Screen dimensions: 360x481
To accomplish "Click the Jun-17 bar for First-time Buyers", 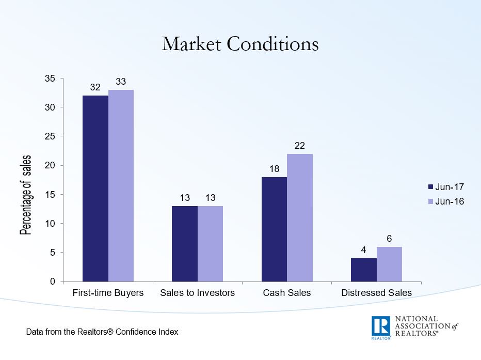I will coord(95,189).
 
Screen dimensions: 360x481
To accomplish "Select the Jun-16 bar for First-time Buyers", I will coord(121,186).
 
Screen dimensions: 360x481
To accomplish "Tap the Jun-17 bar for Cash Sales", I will coord(274,229).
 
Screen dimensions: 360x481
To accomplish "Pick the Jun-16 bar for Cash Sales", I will coord(300,217).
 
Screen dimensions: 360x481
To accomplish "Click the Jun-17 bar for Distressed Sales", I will coord(364,270).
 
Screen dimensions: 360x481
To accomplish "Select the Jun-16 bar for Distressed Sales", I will coord(389,264).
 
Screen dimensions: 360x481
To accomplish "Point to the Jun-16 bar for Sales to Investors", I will coord(211,244).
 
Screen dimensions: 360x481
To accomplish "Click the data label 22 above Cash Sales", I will coord(300,146).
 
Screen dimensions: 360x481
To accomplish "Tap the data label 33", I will coord(121,82).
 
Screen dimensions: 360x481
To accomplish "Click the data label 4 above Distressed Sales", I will coord(363,250).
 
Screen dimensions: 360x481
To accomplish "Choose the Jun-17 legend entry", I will coord(445,187).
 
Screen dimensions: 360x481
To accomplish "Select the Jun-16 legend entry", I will coord(445,201).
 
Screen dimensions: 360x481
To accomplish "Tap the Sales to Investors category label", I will coord(197,293).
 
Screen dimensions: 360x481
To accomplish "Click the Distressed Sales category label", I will coord(376,293).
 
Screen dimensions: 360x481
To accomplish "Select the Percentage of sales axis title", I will coord(25,195).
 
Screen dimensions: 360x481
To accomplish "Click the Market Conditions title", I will coord(240,44).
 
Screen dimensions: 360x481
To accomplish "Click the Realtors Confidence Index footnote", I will coord(102,332).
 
